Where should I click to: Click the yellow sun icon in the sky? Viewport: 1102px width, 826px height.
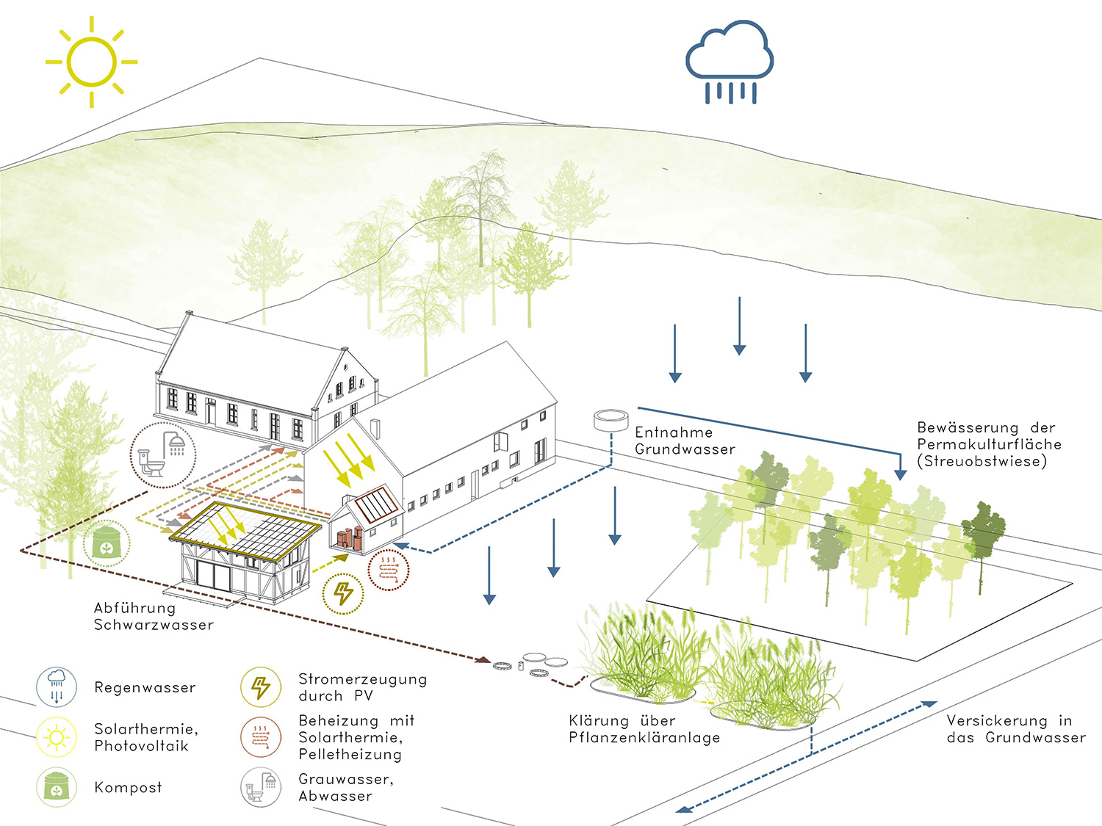coord(92,62)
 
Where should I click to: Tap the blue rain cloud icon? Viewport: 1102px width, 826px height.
coord(730,59)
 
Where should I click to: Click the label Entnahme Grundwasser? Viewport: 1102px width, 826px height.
coord(685,441)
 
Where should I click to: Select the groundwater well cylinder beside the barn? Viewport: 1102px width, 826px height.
coord(611,420)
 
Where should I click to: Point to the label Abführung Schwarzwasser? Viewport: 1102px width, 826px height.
coord(154,616)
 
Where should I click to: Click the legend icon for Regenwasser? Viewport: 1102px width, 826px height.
coord(57,686)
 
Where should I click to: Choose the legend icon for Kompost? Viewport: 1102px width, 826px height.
coord(57,787)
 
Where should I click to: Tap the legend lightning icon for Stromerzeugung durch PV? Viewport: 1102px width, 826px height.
coord(261,687)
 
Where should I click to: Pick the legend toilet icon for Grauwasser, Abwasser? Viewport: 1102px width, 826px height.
coord(261,787)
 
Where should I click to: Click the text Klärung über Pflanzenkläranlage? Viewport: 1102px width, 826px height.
coord(644,729)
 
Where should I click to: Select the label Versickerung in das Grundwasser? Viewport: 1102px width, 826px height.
coord(1015,729)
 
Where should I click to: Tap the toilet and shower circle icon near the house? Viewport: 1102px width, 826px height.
coord(163,454)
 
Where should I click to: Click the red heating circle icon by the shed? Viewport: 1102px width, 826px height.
coord(388,568)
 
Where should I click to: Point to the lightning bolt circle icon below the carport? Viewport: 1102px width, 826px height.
coord(343,593)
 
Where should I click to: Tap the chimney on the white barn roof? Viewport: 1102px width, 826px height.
coord(375,429)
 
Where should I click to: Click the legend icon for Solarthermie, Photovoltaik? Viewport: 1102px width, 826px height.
coord(57,736)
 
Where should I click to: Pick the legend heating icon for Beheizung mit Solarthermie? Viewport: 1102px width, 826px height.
coord(261,736)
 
